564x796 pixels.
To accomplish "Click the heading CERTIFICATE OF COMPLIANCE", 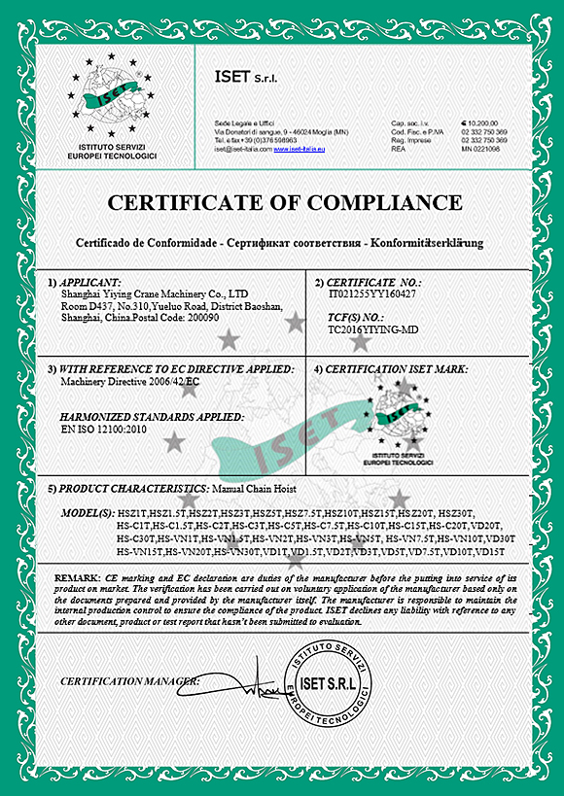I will tap(284, 203).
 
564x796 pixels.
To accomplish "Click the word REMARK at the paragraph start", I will tap(77, 577).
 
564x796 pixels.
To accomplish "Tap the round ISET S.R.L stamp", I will tap(333, 679).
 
